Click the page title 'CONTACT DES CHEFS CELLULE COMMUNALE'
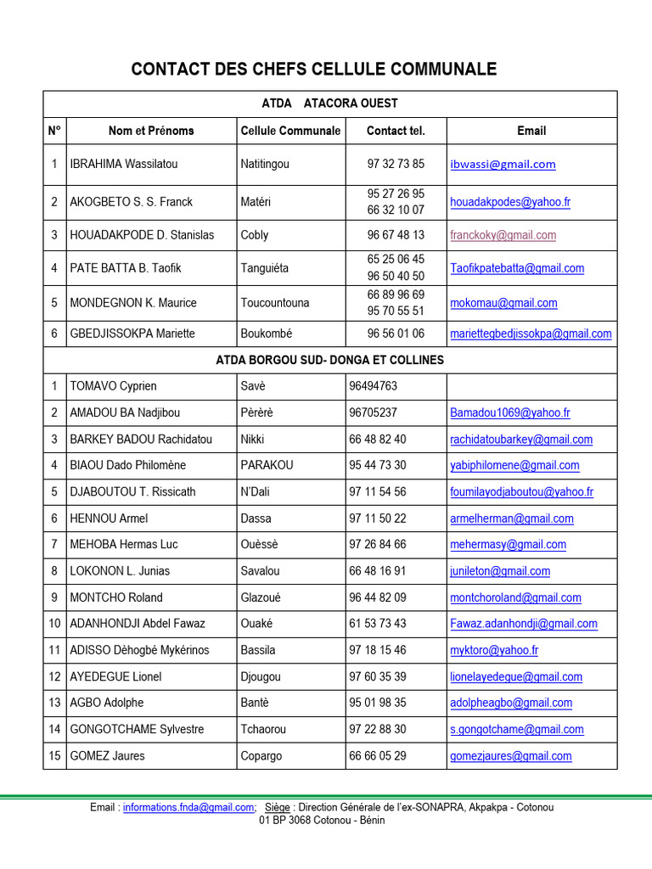click(x=313, y=70)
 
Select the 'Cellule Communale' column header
click(x=290, y=131)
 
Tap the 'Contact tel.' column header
click(x=396, y=131)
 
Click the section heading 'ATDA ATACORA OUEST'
click(x=329, y=104)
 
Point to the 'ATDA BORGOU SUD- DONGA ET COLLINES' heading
click(x=329, y=360)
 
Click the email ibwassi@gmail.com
click(x=503, y=164)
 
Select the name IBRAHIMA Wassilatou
click(x=124, y=164)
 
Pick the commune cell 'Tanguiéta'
click(x=265, y=268)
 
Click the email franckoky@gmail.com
click(x=503, y=235)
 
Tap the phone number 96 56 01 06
click(x=396, y=334)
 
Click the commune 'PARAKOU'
click(x=267, y=465)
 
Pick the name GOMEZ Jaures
click(x=107, y=755)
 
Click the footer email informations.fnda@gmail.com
click(x=188, y=807)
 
